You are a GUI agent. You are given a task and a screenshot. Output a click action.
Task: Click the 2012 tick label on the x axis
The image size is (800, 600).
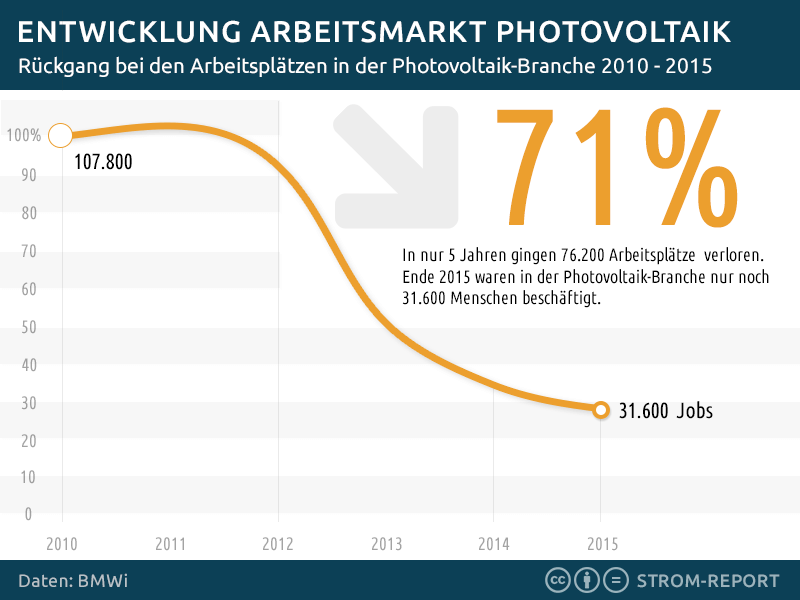tap(277, 545)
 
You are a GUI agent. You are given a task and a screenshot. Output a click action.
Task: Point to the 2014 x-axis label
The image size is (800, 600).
tap(493, 545)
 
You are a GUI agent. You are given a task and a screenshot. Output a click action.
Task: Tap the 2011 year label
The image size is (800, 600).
tap(170, 545)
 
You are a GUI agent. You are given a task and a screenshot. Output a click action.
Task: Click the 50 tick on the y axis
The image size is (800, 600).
tap(28, 327)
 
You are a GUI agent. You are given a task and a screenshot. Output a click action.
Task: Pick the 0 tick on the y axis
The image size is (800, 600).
tap(29, 514)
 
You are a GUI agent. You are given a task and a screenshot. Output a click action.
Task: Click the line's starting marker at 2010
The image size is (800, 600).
tap(60, 135)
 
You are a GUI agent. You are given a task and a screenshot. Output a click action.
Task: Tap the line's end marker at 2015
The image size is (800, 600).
tap(600, 409)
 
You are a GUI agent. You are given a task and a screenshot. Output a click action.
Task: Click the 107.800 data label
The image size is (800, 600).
tap(103, 162)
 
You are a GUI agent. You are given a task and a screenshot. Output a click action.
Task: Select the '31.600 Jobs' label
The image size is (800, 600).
tap(666, 410)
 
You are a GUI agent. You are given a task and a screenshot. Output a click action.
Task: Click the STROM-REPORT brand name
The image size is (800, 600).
tap(708, 580)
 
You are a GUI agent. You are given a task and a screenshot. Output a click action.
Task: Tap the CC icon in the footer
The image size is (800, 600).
tap(557, 580)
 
